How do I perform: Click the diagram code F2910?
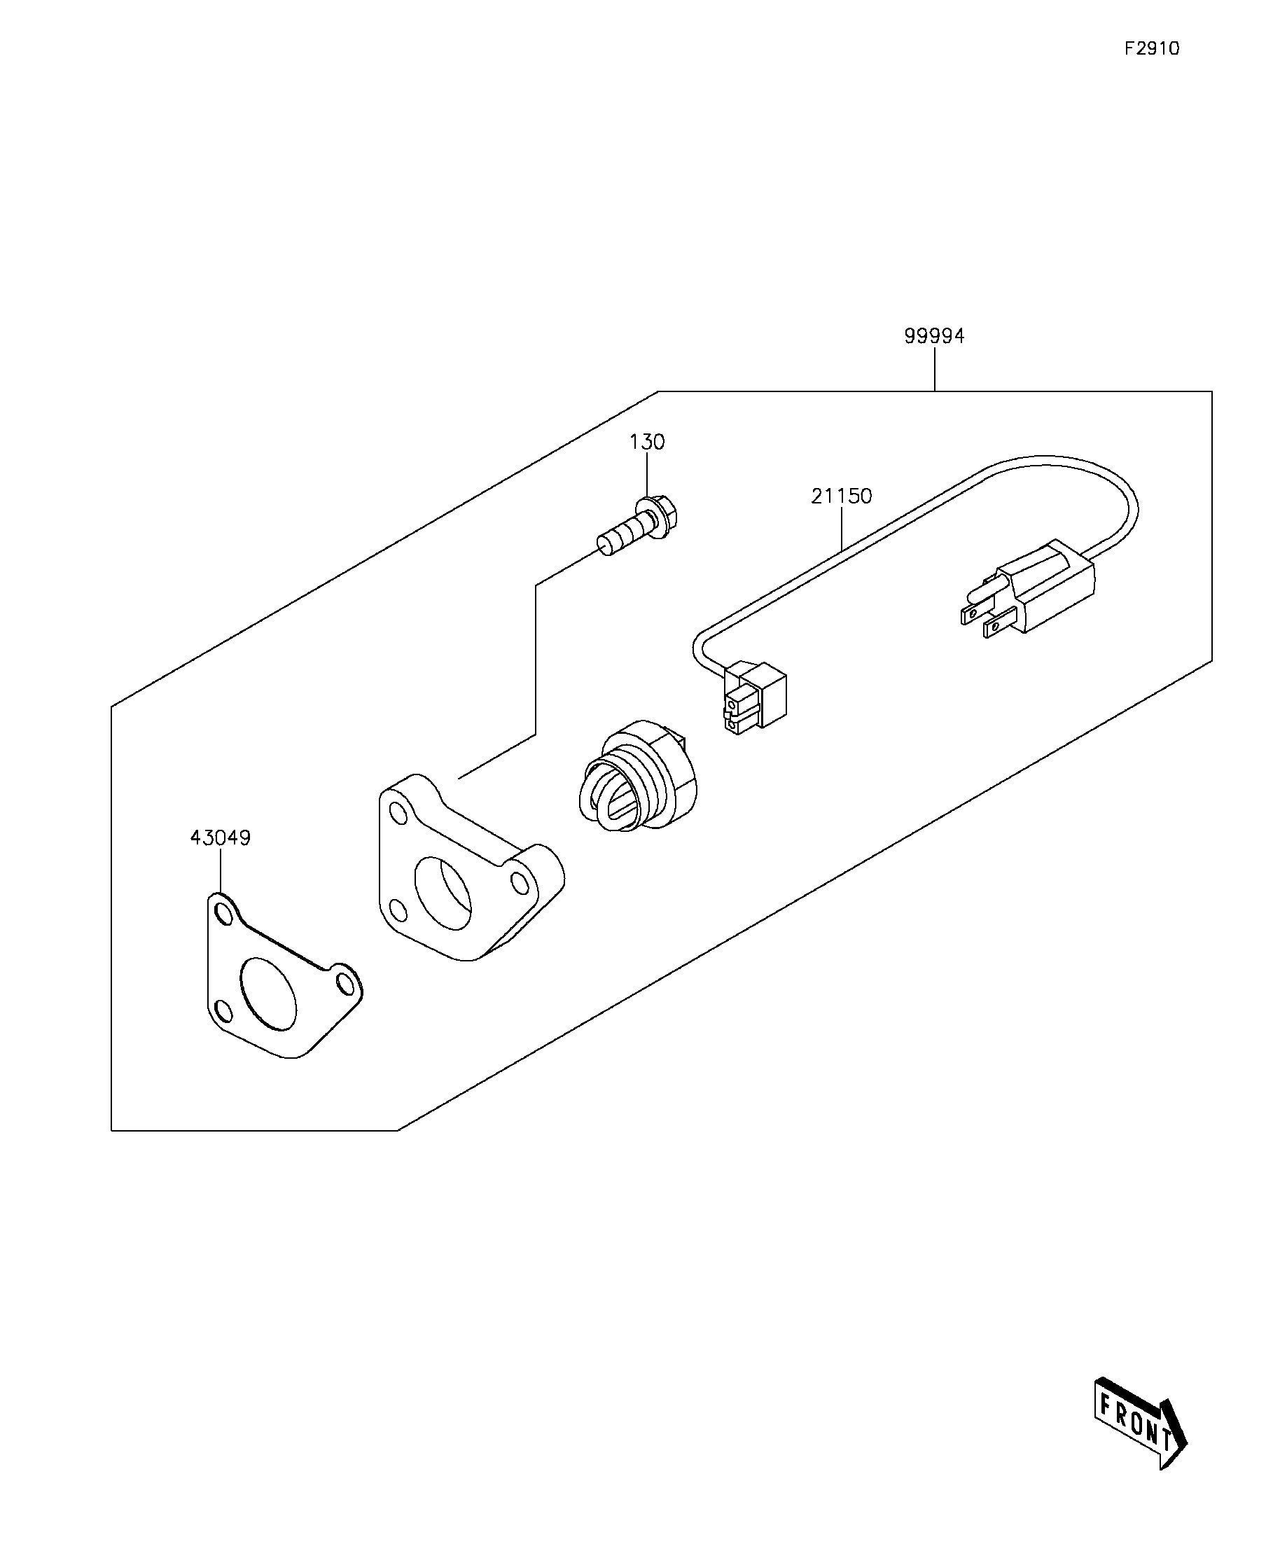pyautogui.click(x=1151, y=48)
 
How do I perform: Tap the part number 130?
pyautogui.click(x=647, y=442)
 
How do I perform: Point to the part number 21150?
pyautogui.click(x=842, y=496)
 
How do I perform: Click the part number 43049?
pyautogui.click(x=221, y=837)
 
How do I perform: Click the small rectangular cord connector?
pyautogui.click(x=754, y=697)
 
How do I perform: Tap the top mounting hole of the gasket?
pyautogui.click(x=223, y=912)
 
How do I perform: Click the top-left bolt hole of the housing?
pyautogui.click(x=397, y=814)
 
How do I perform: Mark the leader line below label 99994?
pyautogui.click(x=935, y=369)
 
